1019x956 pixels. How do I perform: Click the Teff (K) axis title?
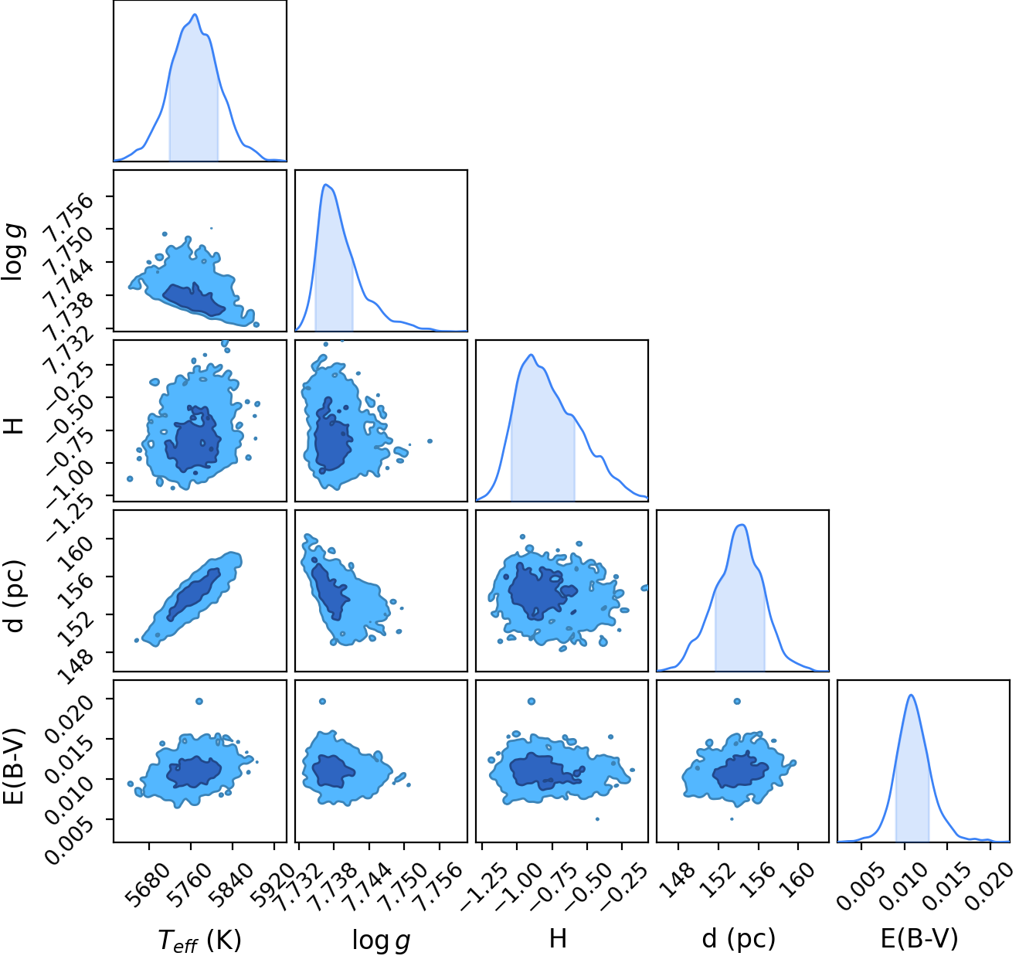(x=199, y=940)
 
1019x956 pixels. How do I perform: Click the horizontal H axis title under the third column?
(x=558, y=939)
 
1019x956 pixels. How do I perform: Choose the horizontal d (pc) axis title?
(x=739, y=940)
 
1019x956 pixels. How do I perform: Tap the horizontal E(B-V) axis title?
(x=919, y=939)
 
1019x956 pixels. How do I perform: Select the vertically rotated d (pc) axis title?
(x=15, y=596)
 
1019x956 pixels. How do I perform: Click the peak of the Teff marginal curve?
(x=195, y=15)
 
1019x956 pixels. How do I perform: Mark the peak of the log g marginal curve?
(x=325, y=184)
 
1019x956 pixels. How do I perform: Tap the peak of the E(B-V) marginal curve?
(x=912, y=696)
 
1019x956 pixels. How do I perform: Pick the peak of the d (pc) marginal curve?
(x=742, y=525)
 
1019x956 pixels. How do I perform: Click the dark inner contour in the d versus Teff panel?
(x=193, y=594)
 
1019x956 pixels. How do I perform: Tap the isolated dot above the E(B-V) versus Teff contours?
(x=199, y=701)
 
